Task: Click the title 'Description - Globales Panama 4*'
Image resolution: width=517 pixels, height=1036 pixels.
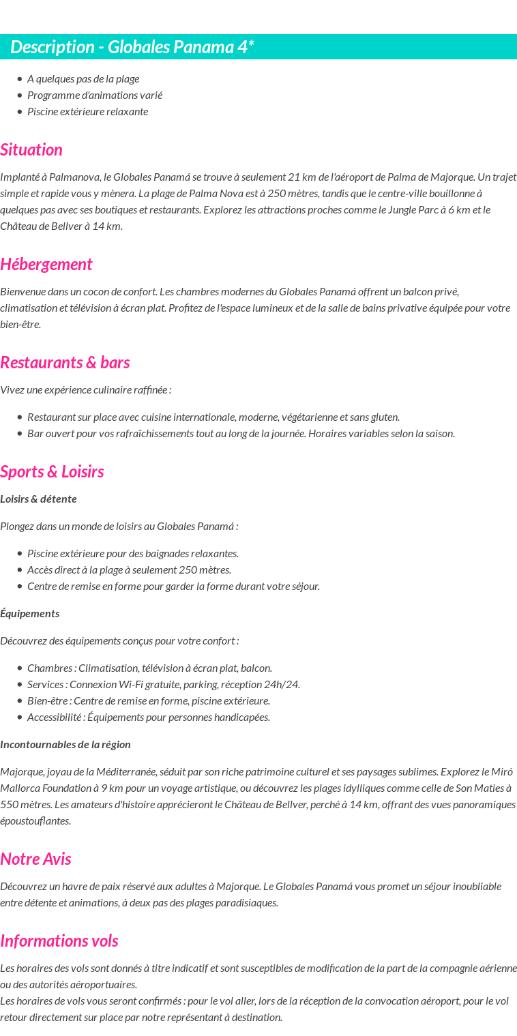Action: (132, 47)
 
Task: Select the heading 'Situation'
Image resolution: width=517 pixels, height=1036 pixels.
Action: (31, 150)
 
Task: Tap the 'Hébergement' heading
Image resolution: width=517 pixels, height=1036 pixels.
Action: (46, 265)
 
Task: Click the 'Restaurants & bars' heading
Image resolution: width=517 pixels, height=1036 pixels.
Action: (65, 363)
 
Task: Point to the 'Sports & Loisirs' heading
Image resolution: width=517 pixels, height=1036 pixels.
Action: (52, 472)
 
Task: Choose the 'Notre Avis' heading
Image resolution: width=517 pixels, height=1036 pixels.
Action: (35, 859)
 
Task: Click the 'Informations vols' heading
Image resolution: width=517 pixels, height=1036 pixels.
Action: (59, 941)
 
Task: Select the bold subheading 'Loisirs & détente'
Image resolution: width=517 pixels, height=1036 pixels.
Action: (38, 499)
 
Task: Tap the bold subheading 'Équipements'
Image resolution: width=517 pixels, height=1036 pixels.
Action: (29, 614)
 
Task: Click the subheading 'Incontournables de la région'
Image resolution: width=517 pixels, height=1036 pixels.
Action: (65, 745)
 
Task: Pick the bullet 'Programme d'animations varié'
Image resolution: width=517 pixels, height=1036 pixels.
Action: (95, 95)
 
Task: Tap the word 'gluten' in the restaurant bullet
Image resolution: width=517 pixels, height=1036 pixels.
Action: (383, 417)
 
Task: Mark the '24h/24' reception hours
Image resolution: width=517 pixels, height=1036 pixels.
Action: (283, 685)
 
